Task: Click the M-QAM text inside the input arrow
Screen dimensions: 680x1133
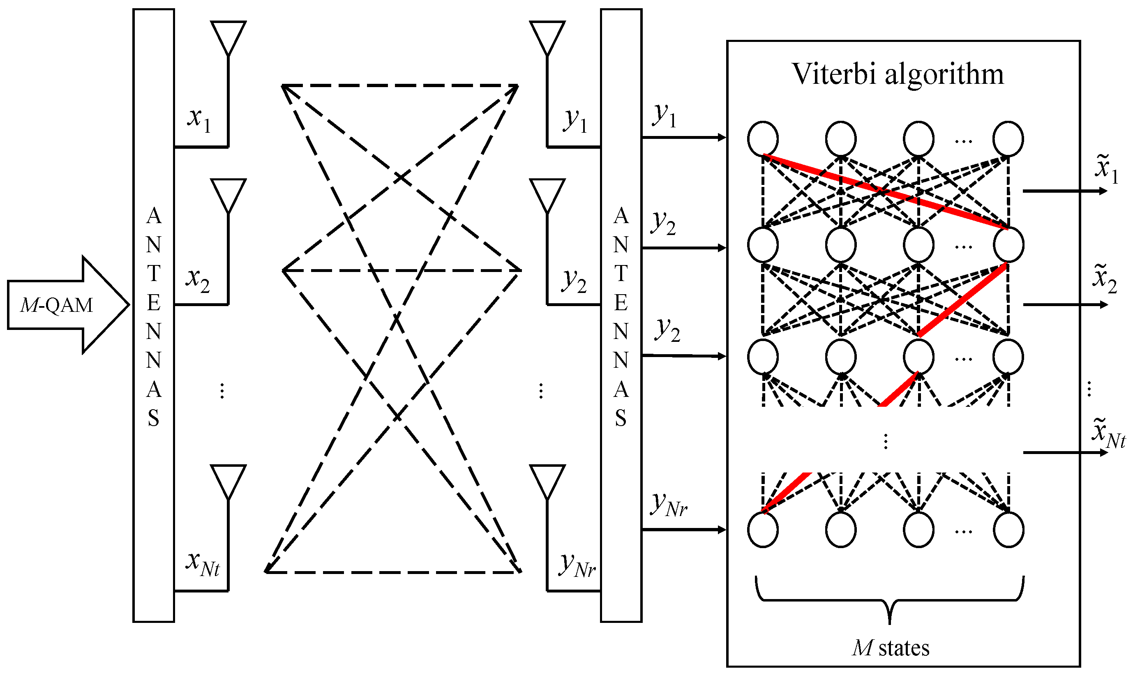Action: click(57, 305)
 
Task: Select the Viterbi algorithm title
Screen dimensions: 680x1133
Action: click(898, 74)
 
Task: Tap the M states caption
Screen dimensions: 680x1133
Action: click(891, 648)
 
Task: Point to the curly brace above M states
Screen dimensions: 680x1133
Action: click(890, 600)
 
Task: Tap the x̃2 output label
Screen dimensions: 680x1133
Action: click(1105, 279)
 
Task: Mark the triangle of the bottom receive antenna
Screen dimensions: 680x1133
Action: click(547, 481)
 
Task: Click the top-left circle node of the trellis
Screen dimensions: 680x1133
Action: click(763, 138)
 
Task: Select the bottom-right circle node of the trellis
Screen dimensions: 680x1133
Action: click(1008, 530)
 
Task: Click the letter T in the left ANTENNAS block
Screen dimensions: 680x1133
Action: click(154, 274)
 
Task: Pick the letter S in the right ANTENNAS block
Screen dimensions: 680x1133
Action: click(621, 418)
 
